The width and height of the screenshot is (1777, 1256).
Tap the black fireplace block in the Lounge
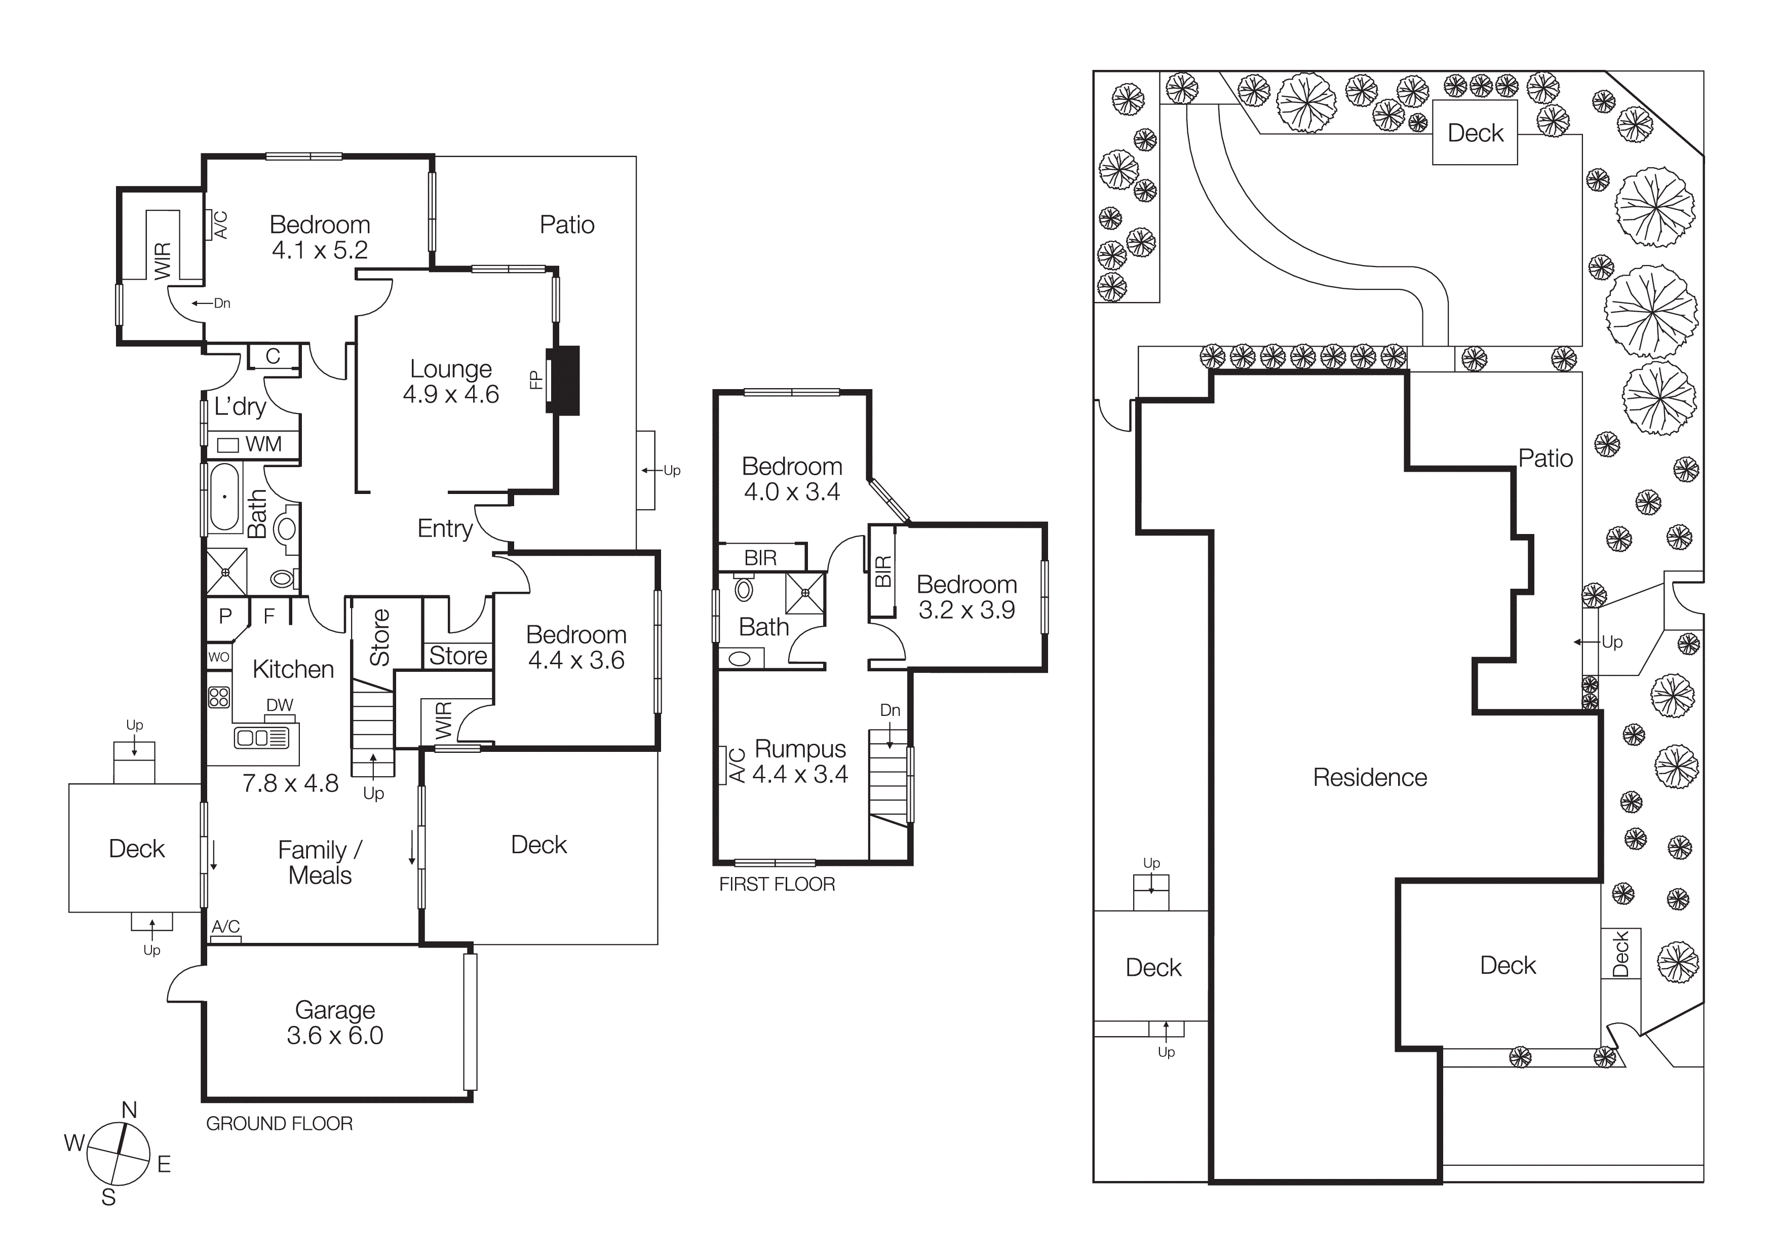click(x=565, y=380)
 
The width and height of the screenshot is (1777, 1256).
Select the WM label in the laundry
click(x=263, y=444)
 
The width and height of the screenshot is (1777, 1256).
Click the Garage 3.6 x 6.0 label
click(x=335, y=1022)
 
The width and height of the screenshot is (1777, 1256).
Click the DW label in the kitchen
click(x=280, y=705)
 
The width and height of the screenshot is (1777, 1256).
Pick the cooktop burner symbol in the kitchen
click(x=219, y=697)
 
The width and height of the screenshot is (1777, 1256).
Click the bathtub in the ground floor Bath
click(x=224, y=498)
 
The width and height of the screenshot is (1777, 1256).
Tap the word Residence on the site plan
click(x=1370, y=777)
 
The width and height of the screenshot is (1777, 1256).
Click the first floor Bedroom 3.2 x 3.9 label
click(x=967, y=597)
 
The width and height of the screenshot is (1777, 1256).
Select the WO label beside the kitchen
click(x=219, y=657)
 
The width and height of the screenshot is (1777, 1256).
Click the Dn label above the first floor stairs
click(x=890, y=710)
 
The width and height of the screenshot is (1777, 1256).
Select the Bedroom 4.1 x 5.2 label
click(x=320, y=237)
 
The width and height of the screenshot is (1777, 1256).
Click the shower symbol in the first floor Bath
click(x=805, y=593)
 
